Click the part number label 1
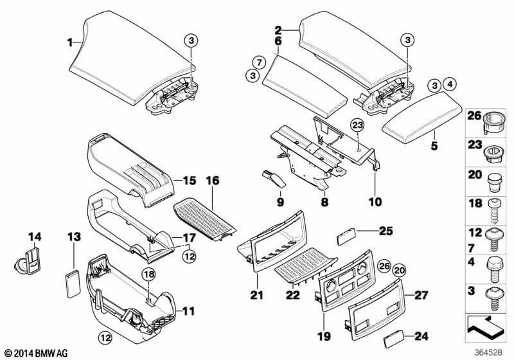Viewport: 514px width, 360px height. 71,43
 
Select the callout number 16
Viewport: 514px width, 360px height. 211,182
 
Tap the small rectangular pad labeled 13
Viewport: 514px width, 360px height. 73,280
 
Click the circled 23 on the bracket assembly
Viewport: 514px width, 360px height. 357,125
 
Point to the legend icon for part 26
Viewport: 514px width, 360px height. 493,120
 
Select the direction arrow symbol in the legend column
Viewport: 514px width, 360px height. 487,327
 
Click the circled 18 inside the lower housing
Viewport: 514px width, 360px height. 148,274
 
